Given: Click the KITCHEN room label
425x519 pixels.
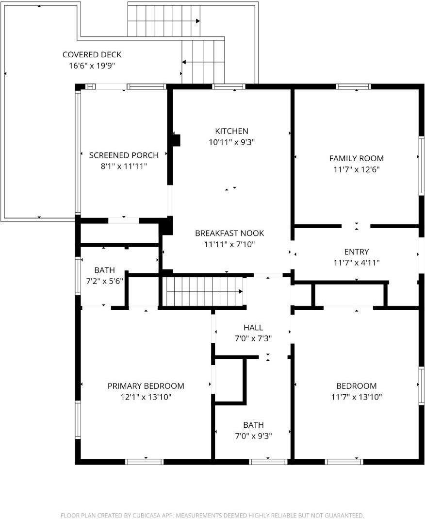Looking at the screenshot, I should (x=231, y=131).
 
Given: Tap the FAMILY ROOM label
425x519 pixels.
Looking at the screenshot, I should (x=356, y=158).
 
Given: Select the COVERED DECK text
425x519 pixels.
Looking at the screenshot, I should (x=92, y=55).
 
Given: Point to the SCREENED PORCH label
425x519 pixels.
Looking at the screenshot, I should (x=124, y=155).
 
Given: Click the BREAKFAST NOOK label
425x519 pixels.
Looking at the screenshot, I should (x=229, y=233).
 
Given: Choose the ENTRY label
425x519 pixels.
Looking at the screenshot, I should (x=356, y=252).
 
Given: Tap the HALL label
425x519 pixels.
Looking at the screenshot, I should (x=253, y=328).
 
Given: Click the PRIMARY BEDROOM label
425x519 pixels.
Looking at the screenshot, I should (x=146, y=386).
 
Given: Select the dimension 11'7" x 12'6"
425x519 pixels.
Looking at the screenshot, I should (x=356, y=169).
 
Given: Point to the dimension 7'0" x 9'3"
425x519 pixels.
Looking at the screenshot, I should (x=253, y=436).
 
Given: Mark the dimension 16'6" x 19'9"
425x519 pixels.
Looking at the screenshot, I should (x=92, y=66).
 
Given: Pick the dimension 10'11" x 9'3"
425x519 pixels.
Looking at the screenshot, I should (x=231, y=142).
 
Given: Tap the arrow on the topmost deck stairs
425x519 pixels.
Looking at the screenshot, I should (x=197, y=21).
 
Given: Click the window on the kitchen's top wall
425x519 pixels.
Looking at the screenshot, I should (x=229, y=87).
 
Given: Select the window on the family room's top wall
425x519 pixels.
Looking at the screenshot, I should (x=354, y=87).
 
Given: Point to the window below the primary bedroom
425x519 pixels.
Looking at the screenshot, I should (x=145, y=461).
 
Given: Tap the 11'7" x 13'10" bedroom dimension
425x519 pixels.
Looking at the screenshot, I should (x=356, y=397).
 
